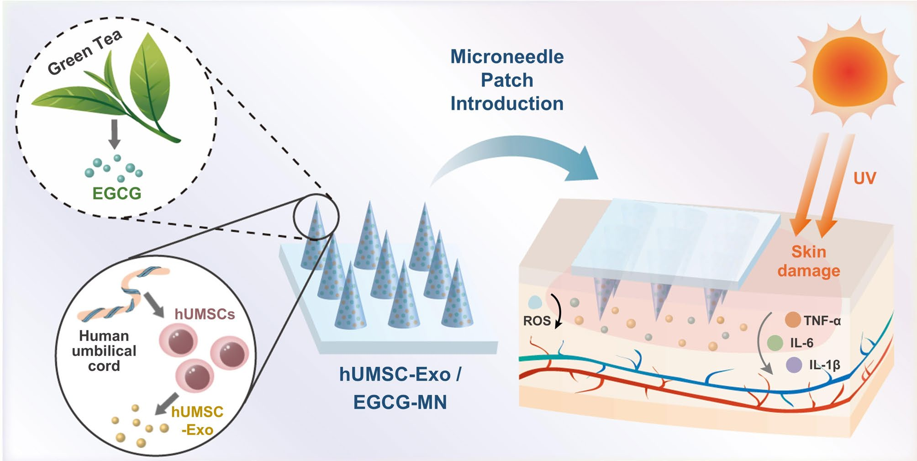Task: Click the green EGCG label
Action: [116, 194]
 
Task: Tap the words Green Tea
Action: [85, 52]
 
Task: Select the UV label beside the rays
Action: [864, 178]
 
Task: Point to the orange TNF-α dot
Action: [793, 320]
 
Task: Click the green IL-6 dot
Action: [775, 343]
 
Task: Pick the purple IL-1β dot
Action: [794, 365]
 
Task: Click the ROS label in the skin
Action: [537, 321]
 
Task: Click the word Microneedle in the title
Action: [507, 57]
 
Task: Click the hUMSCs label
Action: [205, 314]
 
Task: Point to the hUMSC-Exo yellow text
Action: [197, 420]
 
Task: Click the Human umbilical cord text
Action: [104, 351]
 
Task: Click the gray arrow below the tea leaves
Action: [114, 134]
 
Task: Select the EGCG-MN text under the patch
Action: [400, 402]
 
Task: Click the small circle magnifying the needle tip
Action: [316, 217]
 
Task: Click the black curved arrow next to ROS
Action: [557, 311]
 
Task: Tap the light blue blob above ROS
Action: [534, 302]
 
